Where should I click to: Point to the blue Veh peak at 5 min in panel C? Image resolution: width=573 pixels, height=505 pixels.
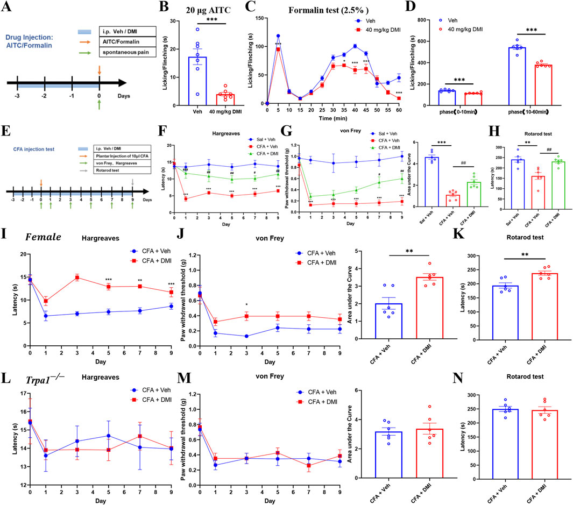point(279,36)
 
